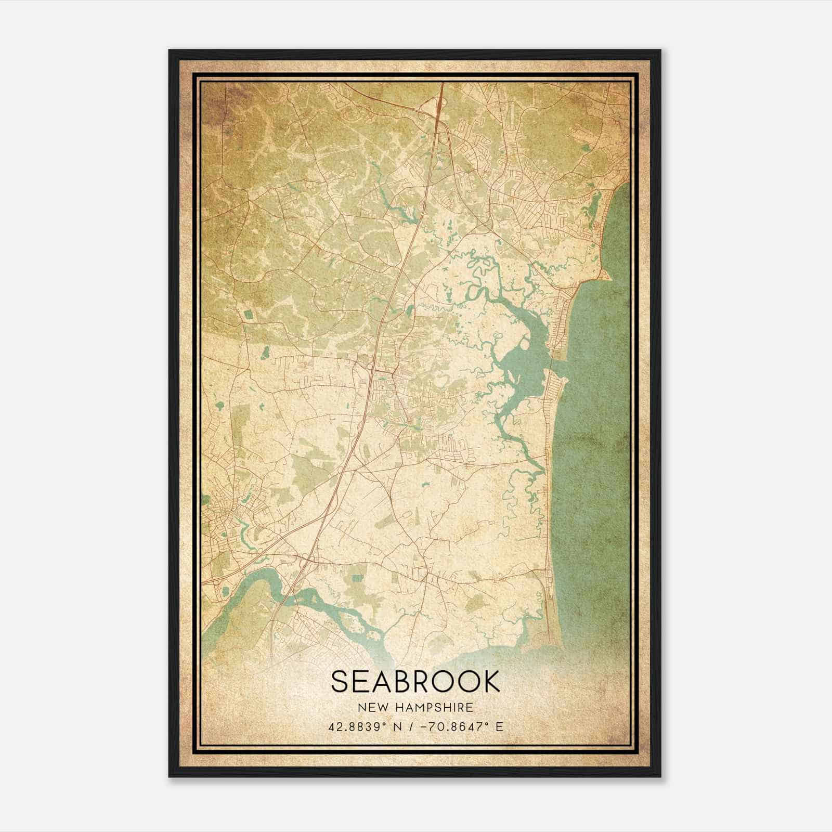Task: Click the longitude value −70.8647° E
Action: click(464, 727)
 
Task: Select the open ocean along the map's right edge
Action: click(598, 442)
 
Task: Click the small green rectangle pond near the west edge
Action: click(247, 314)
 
